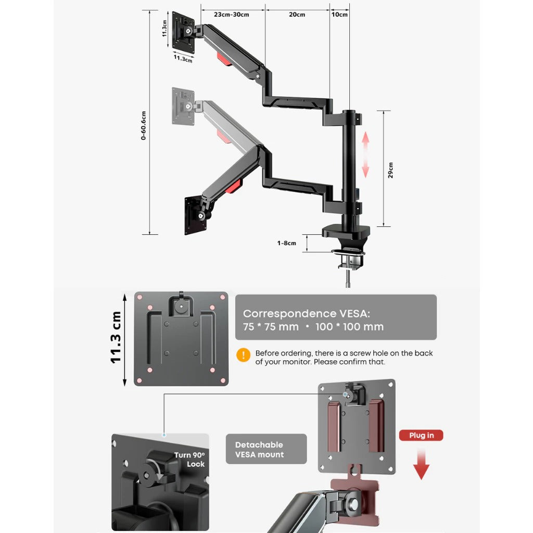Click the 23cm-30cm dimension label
click(x=231, y=15)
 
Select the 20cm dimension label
click(x=297, y=15)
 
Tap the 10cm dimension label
click(x=339, y=15)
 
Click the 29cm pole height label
click(x=390, y=170)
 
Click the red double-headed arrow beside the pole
click(x=365, y=155)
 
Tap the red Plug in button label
click(x=421, y=435)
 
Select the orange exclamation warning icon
click(x=243, y=355)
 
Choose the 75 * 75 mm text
click(x=271, y=327)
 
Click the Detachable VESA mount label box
click(x=266, y=449)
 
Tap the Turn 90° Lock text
click(x=190, y=459)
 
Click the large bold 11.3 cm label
click(x=116, y=338)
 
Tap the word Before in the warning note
click(x=268, y=353)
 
